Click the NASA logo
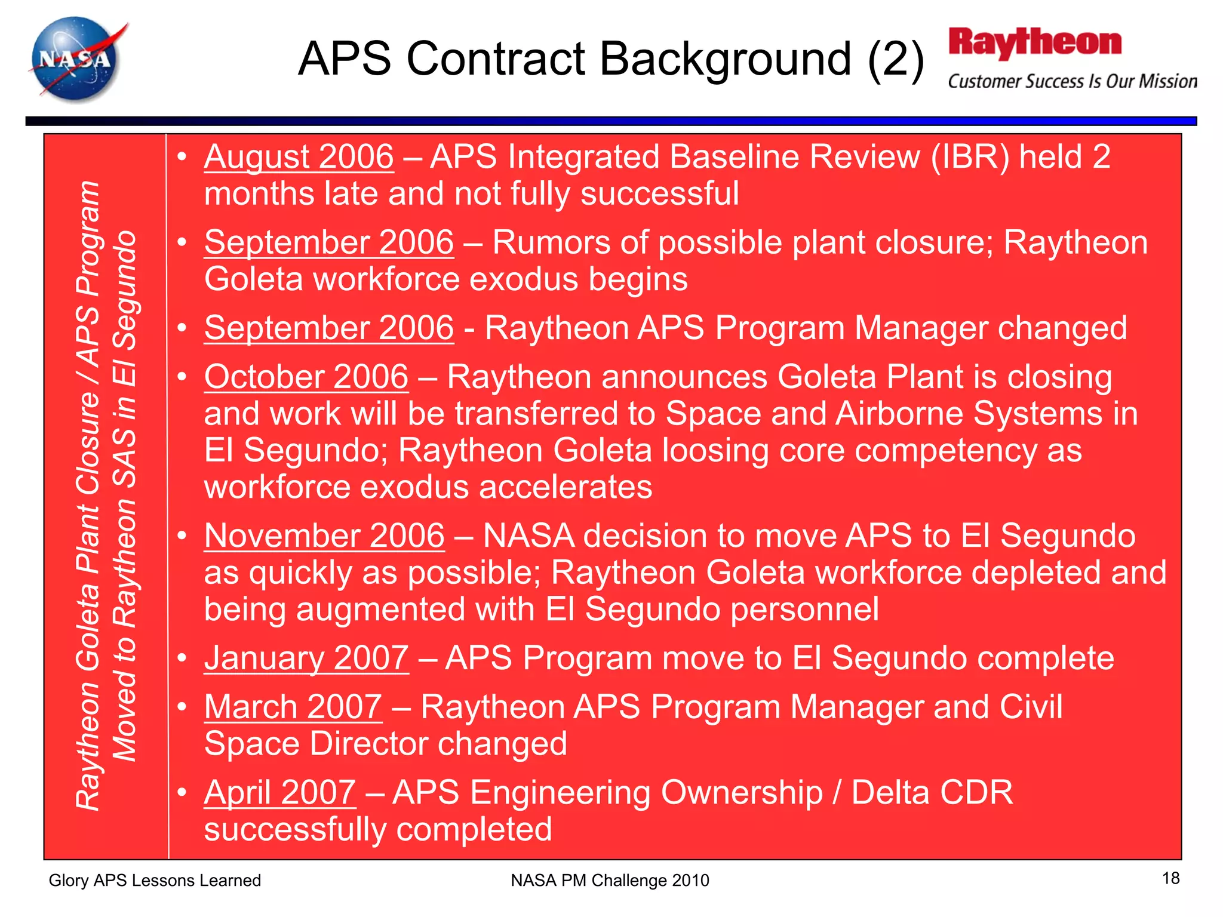coord(76,60)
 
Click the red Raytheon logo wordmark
coord(1035,43)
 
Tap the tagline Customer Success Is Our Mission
coord(1072,81)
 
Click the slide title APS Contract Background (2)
coord(611,59)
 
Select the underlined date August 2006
coord(299,157)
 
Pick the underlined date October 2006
coord(306,377)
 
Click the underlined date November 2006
coord(324,536)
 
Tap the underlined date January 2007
coord(306,658)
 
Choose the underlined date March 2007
coord(293,707)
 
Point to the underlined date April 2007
coord(280,793)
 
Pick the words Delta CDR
coord(932,793)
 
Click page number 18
coord(1170,878)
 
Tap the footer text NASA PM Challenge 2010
coord(610,880)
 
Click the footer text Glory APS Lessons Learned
coord(155,880)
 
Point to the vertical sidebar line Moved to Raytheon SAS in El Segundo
coord(125,496)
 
